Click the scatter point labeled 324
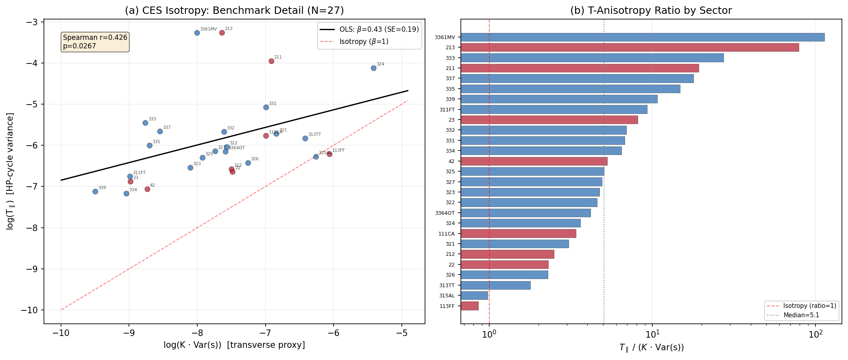(373, 68)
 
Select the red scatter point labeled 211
(271, 61)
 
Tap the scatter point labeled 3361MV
(197, 33)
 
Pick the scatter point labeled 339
(95, 191)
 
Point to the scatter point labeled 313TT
(305, 138)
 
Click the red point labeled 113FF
(329, 154)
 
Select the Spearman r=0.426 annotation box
(95, 42)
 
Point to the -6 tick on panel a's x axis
(334, 333)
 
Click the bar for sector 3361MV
(642, 37)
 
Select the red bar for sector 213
(629, 48)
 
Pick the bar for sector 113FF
(469, 306)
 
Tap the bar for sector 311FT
(554, 109)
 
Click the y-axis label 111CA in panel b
(446, 234)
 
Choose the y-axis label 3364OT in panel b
(445, 213)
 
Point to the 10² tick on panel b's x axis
(815, 333)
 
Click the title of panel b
(651, 11)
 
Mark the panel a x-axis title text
(234, 345)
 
